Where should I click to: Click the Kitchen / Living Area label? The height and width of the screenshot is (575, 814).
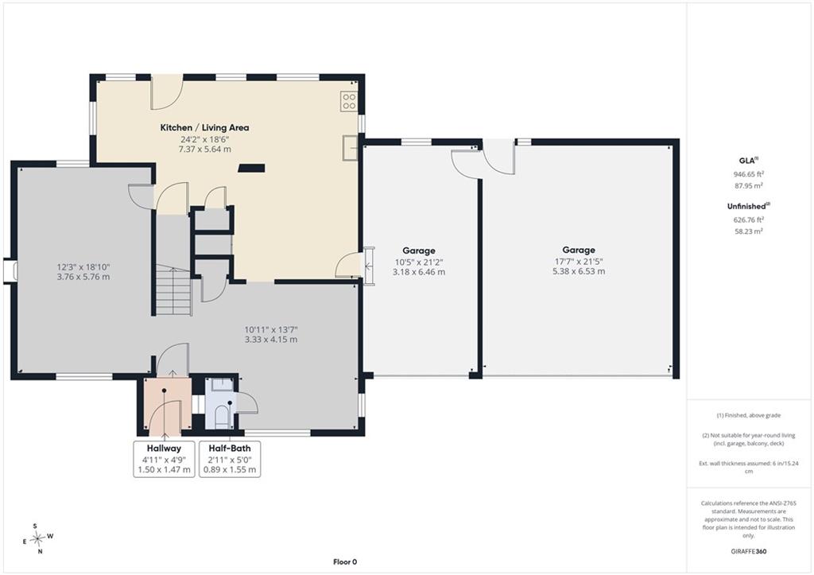coord(204,128)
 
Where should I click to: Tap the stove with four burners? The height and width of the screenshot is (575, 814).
coord(349,101)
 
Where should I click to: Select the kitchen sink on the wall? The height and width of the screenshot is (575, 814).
coord(350,148)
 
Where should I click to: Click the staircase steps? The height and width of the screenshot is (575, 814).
coord(174,289)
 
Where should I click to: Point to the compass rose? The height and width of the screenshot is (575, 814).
coord(37,538)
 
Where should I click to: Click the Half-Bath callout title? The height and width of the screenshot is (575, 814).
coord(230,449)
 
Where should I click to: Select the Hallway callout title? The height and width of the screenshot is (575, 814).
coord(164,449)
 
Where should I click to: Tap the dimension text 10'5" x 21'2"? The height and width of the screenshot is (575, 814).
coord(419,262)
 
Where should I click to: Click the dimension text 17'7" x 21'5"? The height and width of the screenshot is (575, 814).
coord(579,262)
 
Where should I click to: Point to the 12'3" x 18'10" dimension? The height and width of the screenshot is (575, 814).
coord(83,267)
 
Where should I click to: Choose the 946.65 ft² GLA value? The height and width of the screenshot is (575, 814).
coord(749,174)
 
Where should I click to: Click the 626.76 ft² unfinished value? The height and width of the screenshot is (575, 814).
coord(749,220)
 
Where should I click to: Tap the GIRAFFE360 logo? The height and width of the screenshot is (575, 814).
coord(749,551)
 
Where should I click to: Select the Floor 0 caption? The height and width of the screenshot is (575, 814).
coord(345,561)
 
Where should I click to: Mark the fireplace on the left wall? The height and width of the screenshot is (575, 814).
coord(10,271)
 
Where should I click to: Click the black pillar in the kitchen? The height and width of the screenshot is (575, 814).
coord(251,168)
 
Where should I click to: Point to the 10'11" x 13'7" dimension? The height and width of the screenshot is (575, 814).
coord(271,330)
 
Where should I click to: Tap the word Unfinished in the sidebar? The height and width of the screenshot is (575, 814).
coord(746,206)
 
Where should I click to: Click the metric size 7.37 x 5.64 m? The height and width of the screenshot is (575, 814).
coord(204,150)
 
